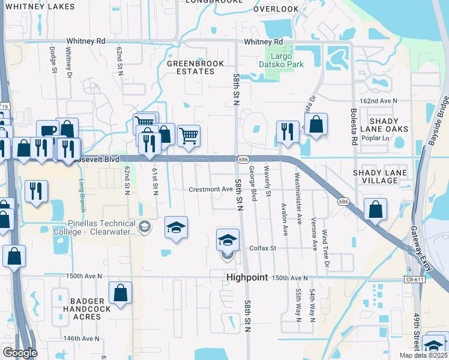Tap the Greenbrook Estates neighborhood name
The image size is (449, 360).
[195, 67]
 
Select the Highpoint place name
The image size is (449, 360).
[246, 278]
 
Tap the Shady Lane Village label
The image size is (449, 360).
[381, 176]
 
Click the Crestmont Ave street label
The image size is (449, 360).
[210, 189]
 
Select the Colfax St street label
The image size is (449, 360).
[262, 248]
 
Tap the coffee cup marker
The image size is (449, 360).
[47, 131]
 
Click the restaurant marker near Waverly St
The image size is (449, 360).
[287, 131]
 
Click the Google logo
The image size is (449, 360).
[19, 353]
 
